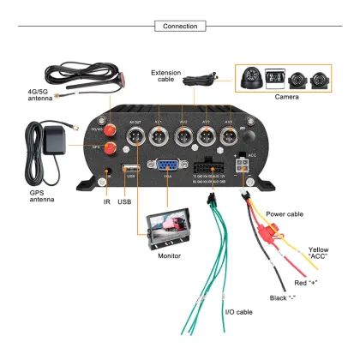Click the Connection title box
180,27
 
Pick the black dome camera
249,80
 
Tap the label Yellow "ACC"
318,254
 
